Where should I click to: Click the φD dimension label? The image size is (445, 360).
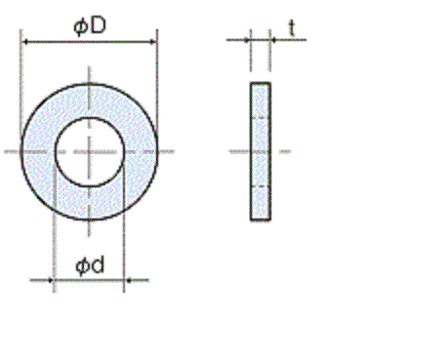pyautogui.click(x=90, y=26)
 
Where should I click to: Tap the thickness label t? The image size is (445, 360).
pyautogui.click(x=292, y=28)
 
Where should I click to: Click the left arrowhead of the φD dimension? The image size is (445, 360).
pyautogui.click(x=25, y=42)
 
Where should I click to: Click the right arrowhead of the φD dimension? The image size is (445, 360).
pyautogui.click(x=152, y=42)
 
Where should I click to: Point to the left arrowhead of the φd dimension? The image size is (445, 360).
pyautogui.click(x=50, y=280)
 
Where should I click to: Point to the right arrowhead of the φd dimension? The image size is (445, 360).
pyautogui.click(x=128, y=280)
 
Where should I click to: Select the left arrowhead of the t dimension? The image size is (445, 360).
pyautogui.click(x=247, y=40)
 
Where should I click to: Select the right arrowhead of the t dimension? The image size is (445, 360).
pyautogui.click(x=273, y=40)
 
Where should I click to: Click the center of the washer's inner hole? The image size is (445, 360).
pyautogui.click(x=90, y=151)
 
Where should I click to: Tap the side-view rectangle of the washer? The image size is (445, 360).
pyautogui.click(x=261, y=151)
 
